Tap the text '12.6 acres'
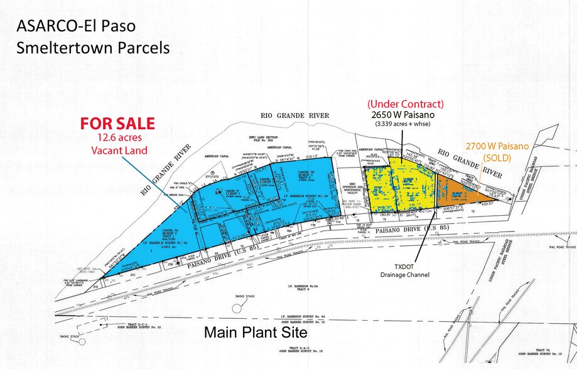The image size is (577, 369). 114,139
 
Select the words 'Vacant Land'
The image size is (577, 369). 114,151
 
